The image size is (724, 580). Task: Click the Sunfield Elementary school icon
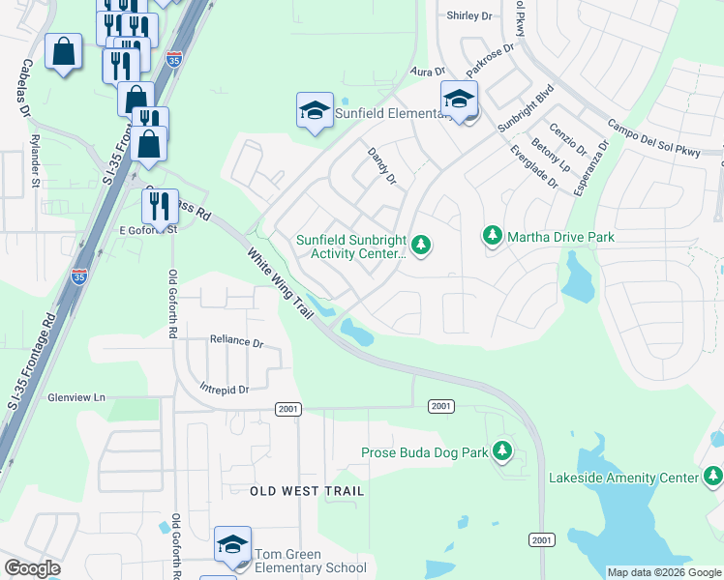[316, 112]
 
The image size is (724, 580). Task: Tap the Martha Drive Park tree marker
[493, 236]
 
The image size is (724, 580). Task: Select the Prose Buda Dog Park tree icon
[501, 450]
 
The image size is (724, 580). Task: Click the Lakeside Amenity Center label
[623, 478]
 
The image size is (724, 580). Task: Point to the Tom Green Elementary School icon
[232, 546]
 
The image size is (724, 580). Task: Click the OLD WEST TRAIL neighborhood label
[307, 491]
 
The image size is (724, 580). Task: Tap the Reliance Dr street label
[237, 342]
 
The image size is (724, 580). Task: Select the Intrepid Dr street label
[225, 390]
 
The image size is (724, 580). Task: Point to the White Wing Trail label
[282, 286]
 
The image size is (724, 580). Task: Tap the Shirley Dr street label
[469, 16]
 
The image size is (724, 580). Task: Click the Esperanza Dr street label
[589, 168]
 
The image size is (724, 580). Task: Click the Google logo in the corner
[32, 568]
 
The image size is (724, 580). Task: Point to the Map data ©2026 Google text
[664, 572]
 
